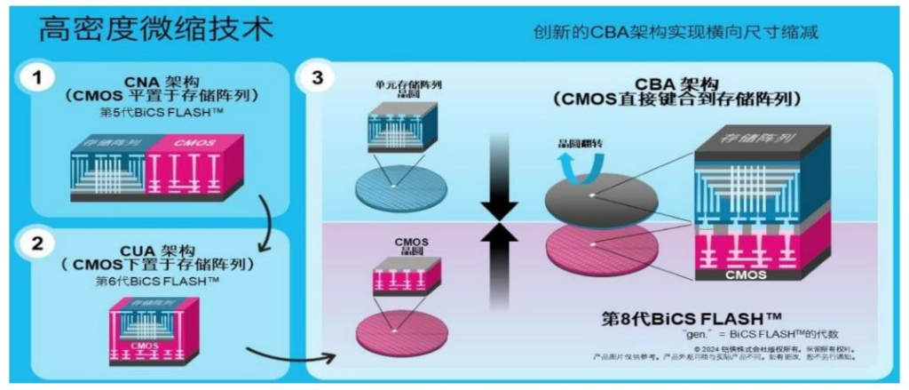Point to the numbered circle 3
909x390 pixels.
coord(318,79)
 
